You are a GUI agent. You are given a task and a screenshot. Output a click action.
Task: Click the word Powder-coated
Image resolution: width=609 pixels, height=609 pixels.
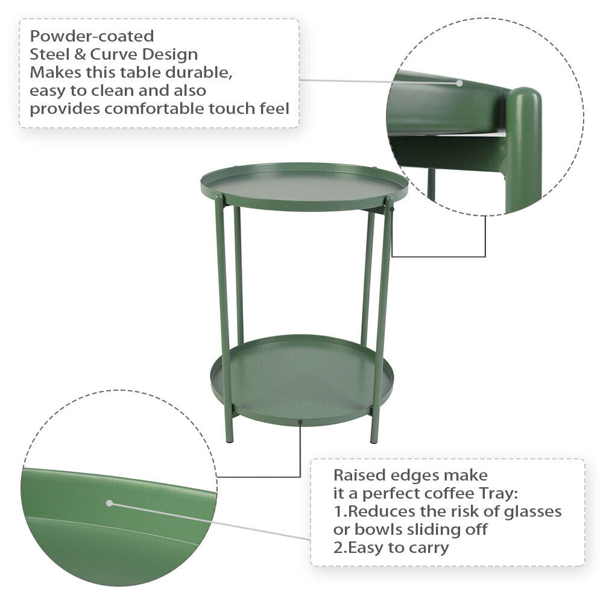(92, 36)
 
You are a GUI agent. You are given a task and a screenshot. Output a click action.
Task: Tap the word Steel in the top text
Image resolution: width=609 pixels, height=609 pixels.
(49, 54)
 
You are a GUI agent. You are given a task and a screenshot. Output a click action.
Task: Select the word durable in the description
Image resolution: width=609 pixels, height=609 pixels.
(199, 72)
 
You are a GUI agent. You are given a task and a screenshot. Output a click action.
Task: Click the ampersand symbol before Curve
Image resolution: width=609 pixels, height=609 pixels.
(80, 54)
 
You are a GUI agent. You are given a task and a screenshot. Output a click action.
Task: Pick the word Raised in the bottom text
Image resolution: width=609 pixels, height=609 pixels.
(359, 475)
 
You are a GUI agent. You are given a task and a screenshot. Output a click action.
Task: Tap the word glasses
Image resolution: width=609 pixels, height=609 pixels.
(532, 511)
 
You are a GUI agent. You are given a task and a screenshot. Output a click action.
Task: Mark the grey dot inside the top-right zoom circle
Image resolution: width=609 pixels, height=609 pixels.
(459, 83)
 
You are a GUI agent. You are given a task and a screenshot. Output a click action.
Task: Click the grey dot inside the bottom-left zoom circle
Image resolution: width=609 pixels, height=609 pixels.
(110, 503)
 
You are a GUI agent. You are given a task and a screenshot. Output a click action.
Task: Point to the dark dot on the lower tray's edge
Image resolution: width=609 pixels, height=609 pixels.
(300, 422)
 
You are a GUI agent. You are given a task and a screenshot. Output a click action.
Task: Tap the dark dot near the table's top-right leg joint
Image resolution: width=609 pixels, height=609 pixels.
(392, 209)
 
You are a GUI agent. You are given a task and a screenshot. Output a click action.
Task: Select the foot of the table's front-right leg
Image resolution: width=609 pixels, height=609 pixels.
(374, 440)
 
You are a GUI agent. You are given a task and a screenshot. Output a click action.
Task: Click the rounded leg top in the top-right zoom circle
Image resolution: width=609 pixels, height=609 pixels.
(525, 97)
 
